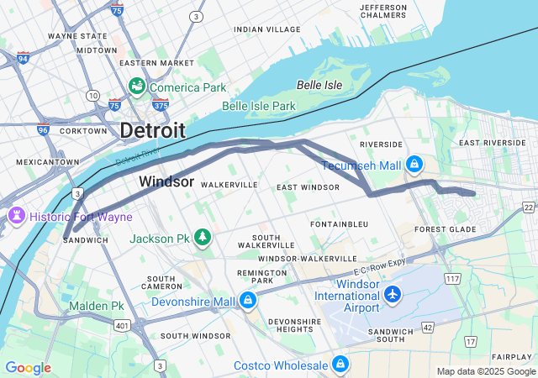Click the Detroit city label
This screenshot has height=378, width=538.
coord(152,130)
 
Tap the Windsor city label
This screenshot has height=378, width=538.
coord(166,181)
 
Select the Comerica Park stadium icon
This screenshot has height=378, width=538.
coord(136,87)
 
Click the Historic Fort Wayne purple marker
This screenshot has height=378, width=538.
coord(15,217)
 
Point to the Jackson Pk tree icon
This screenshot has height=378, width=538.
coord(203,239)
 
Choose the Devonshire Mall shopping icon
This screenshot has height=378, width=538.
coord(248,301)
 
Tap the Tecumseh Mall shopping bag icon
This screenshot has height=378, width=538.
coord(414,165)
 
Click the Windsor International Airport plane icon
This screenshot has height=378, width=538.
coord(393,294)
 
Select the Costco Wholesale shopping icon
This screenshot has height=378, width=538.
coord(340,364)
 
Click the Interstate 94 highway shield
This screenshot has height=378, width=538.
coord(23,58)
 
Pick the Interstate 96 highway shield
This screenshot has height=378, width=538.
coord(43,131)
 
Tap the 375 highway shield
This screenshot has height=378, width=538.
coord(161,105)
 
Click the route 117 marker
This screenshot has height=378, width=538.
coord(452,278)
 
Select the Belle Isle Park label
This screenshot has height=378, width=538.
coord(259,107)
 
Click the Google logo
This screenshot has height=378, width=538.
coord(28,368)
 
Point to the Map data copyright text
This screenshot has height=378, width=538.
coord(486,371)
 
